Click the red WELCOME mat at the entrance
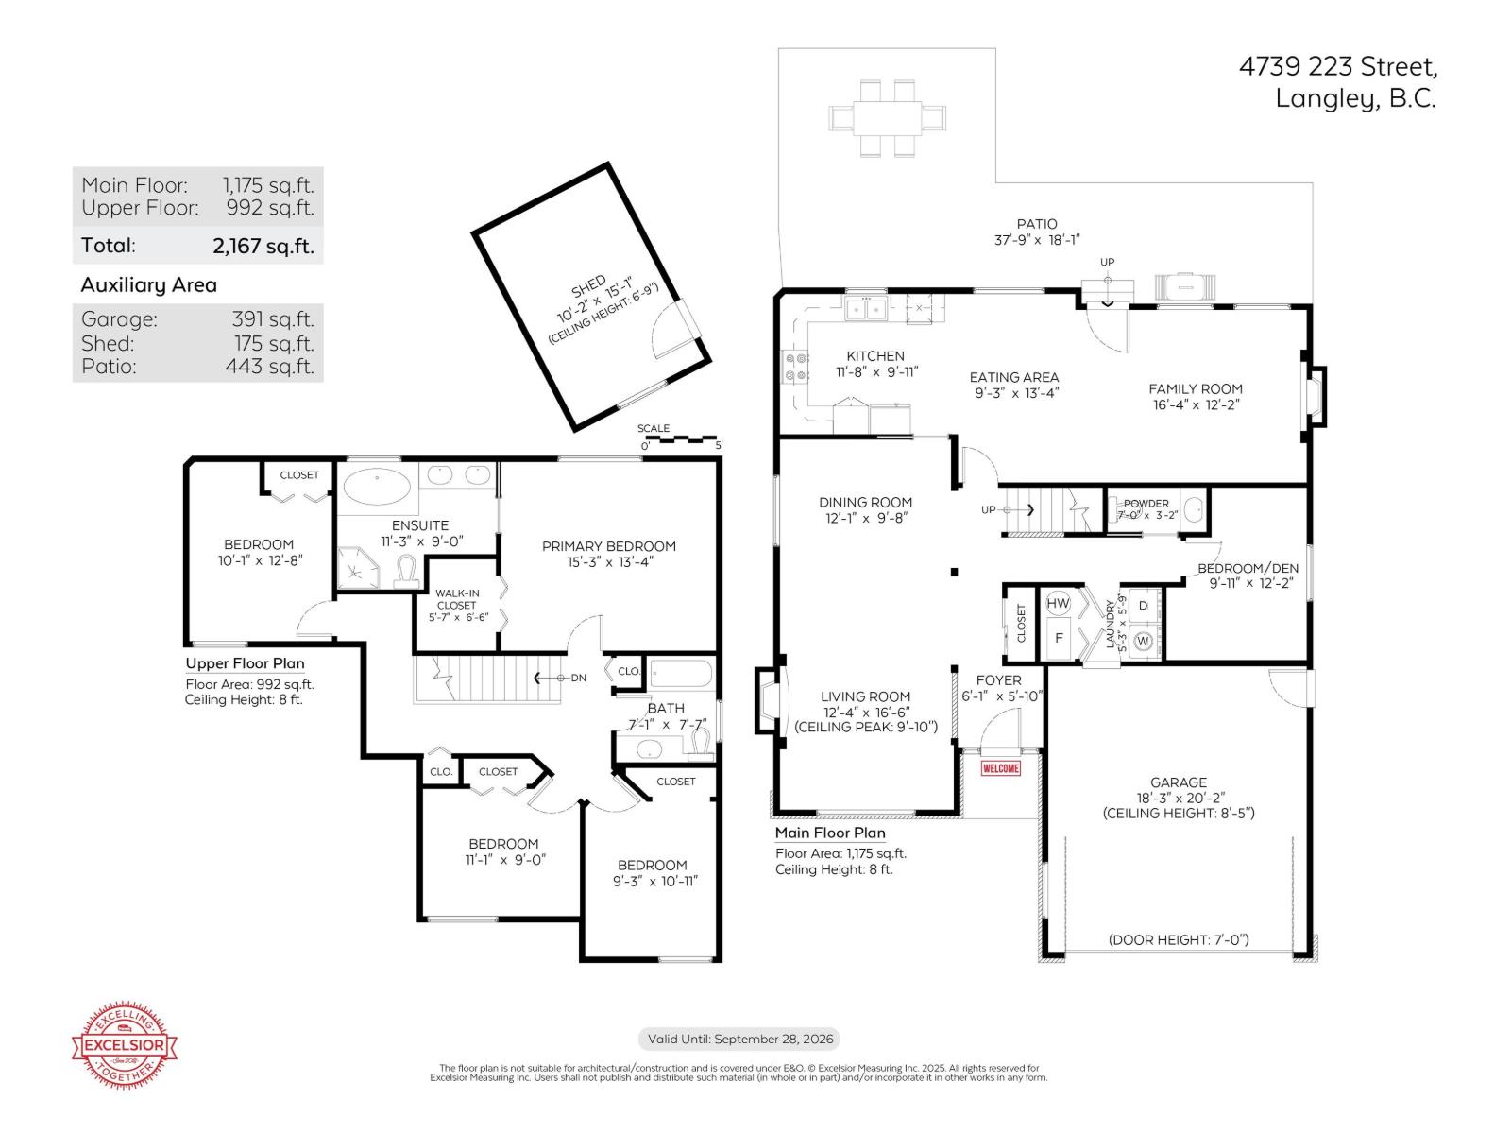pos(1001,768)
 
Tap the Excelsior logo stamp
pos(126,1044)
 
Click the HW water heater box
pos(1059,604)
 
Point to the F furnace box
pos(1059,638)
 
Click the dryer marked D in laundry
pos(1143,606)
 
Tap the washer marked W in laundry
pos(1143,641)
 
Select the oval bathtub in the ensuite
pos(377,488)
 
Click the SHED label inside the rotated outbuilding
pos(588,286)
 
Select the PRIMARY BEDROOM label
pos(608,546)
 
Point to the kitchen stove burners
pos(795,367)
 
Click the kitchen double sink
pos(866,309)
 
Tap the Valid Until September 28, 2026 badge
pos(739,1039)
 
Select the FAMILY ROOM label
pos(1195,388)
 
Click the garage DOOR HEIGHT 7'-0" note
pos(1179,939)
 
